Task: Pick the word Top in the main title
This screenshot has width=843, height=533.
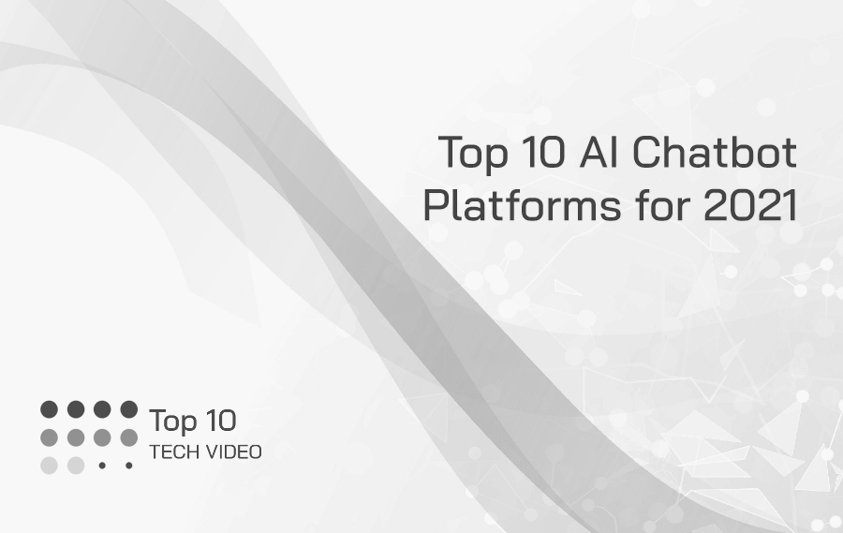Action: pos(472,154)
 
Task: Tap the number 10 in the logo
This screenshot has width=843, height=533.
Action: pos(218,421)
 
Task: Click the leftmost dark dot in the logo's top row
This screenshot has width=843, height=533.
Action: pos(50,409)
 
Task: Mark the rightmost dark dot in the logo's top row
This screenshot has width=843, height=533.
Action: pos(128,409)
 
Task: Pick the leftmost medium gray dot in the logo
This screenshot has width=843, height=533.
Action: pos(50,437)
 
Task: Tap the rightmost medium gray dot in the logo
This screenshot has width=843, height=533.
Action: pos(128,437)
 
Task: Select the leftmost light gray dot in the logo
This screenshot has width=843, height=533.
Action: pos(50,465)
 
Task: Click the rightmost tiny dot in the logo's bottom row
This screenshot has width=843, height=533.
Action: pos(128,465)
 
